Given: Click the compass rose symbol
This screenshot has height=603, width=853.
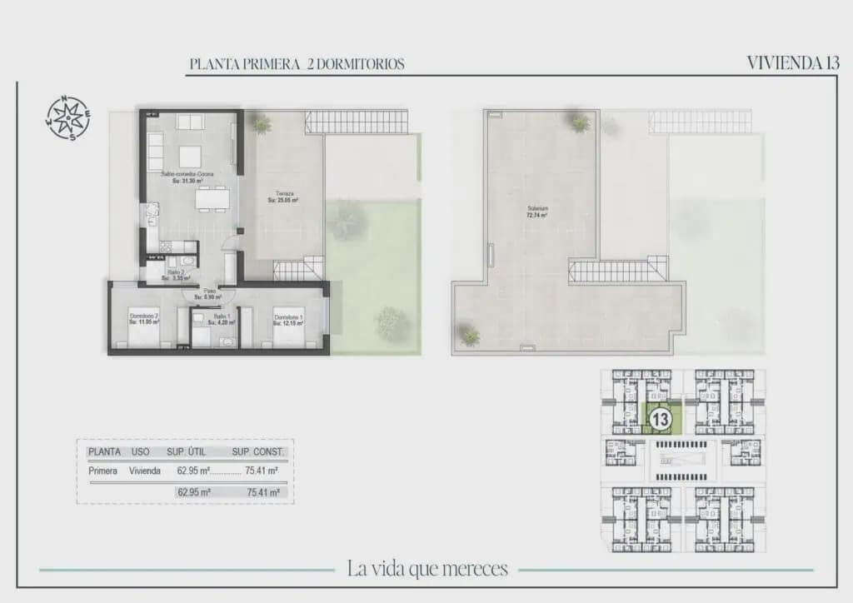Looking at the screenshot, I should point(67,117).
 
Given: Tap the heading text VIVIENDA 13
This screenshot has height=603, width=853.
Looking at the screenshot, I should point(792,63).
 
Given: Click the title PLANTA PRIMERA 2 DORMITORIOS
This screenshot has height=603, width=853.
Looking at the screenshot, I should point(297,64).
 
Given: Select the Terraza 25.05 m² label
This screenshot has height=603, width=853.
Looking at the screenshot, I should point(283,197).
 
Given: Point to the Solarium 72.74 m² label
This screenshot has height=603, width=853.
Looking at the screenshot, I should point(536,212).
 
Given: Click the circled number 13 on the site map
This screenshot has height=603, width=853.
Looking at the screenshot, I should point(661,419).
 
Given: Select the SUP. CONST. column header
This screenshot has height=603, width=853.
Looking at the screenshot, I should point(258,451).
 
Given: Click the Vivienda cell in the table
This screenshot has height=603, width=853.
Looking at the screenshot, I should point(144,471).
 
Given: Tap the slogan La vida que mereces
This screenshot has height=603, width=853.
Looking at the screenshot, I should point(427,570).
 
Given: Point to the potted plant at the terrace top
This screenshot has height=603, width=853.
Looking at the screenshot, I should point(262,124).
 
